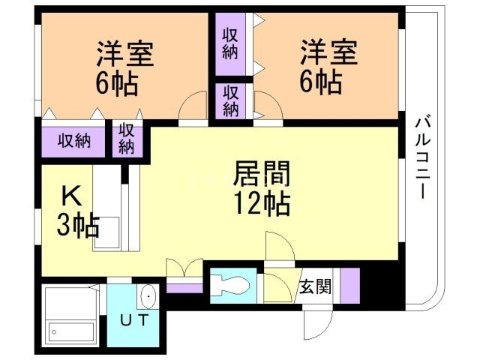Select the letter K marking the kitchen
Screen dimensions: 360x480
coord(70,196)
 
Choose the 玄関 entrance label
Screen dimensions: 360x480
coord(315,286)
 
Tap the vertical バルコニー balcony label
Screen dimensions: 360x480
coord(421,157)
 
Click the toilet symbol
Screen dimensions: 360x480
coord(228,285)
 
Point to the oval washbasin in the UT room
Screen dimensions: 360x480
coord(148,297)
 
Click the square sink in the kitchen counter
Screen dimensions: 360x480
coord(104,227)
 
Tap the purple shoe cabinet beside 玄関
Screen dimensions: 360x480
coord(349,284)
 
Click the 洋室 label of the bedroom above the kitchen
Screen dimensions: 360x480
coord(124,53)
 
